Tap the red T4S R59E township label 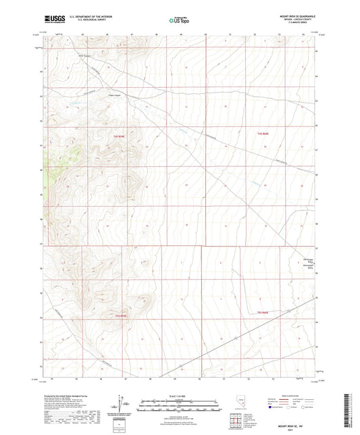tap(121, 136)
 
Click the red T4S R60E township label tap(264, 136)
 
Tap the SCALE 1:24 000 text tap(180, 396)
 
